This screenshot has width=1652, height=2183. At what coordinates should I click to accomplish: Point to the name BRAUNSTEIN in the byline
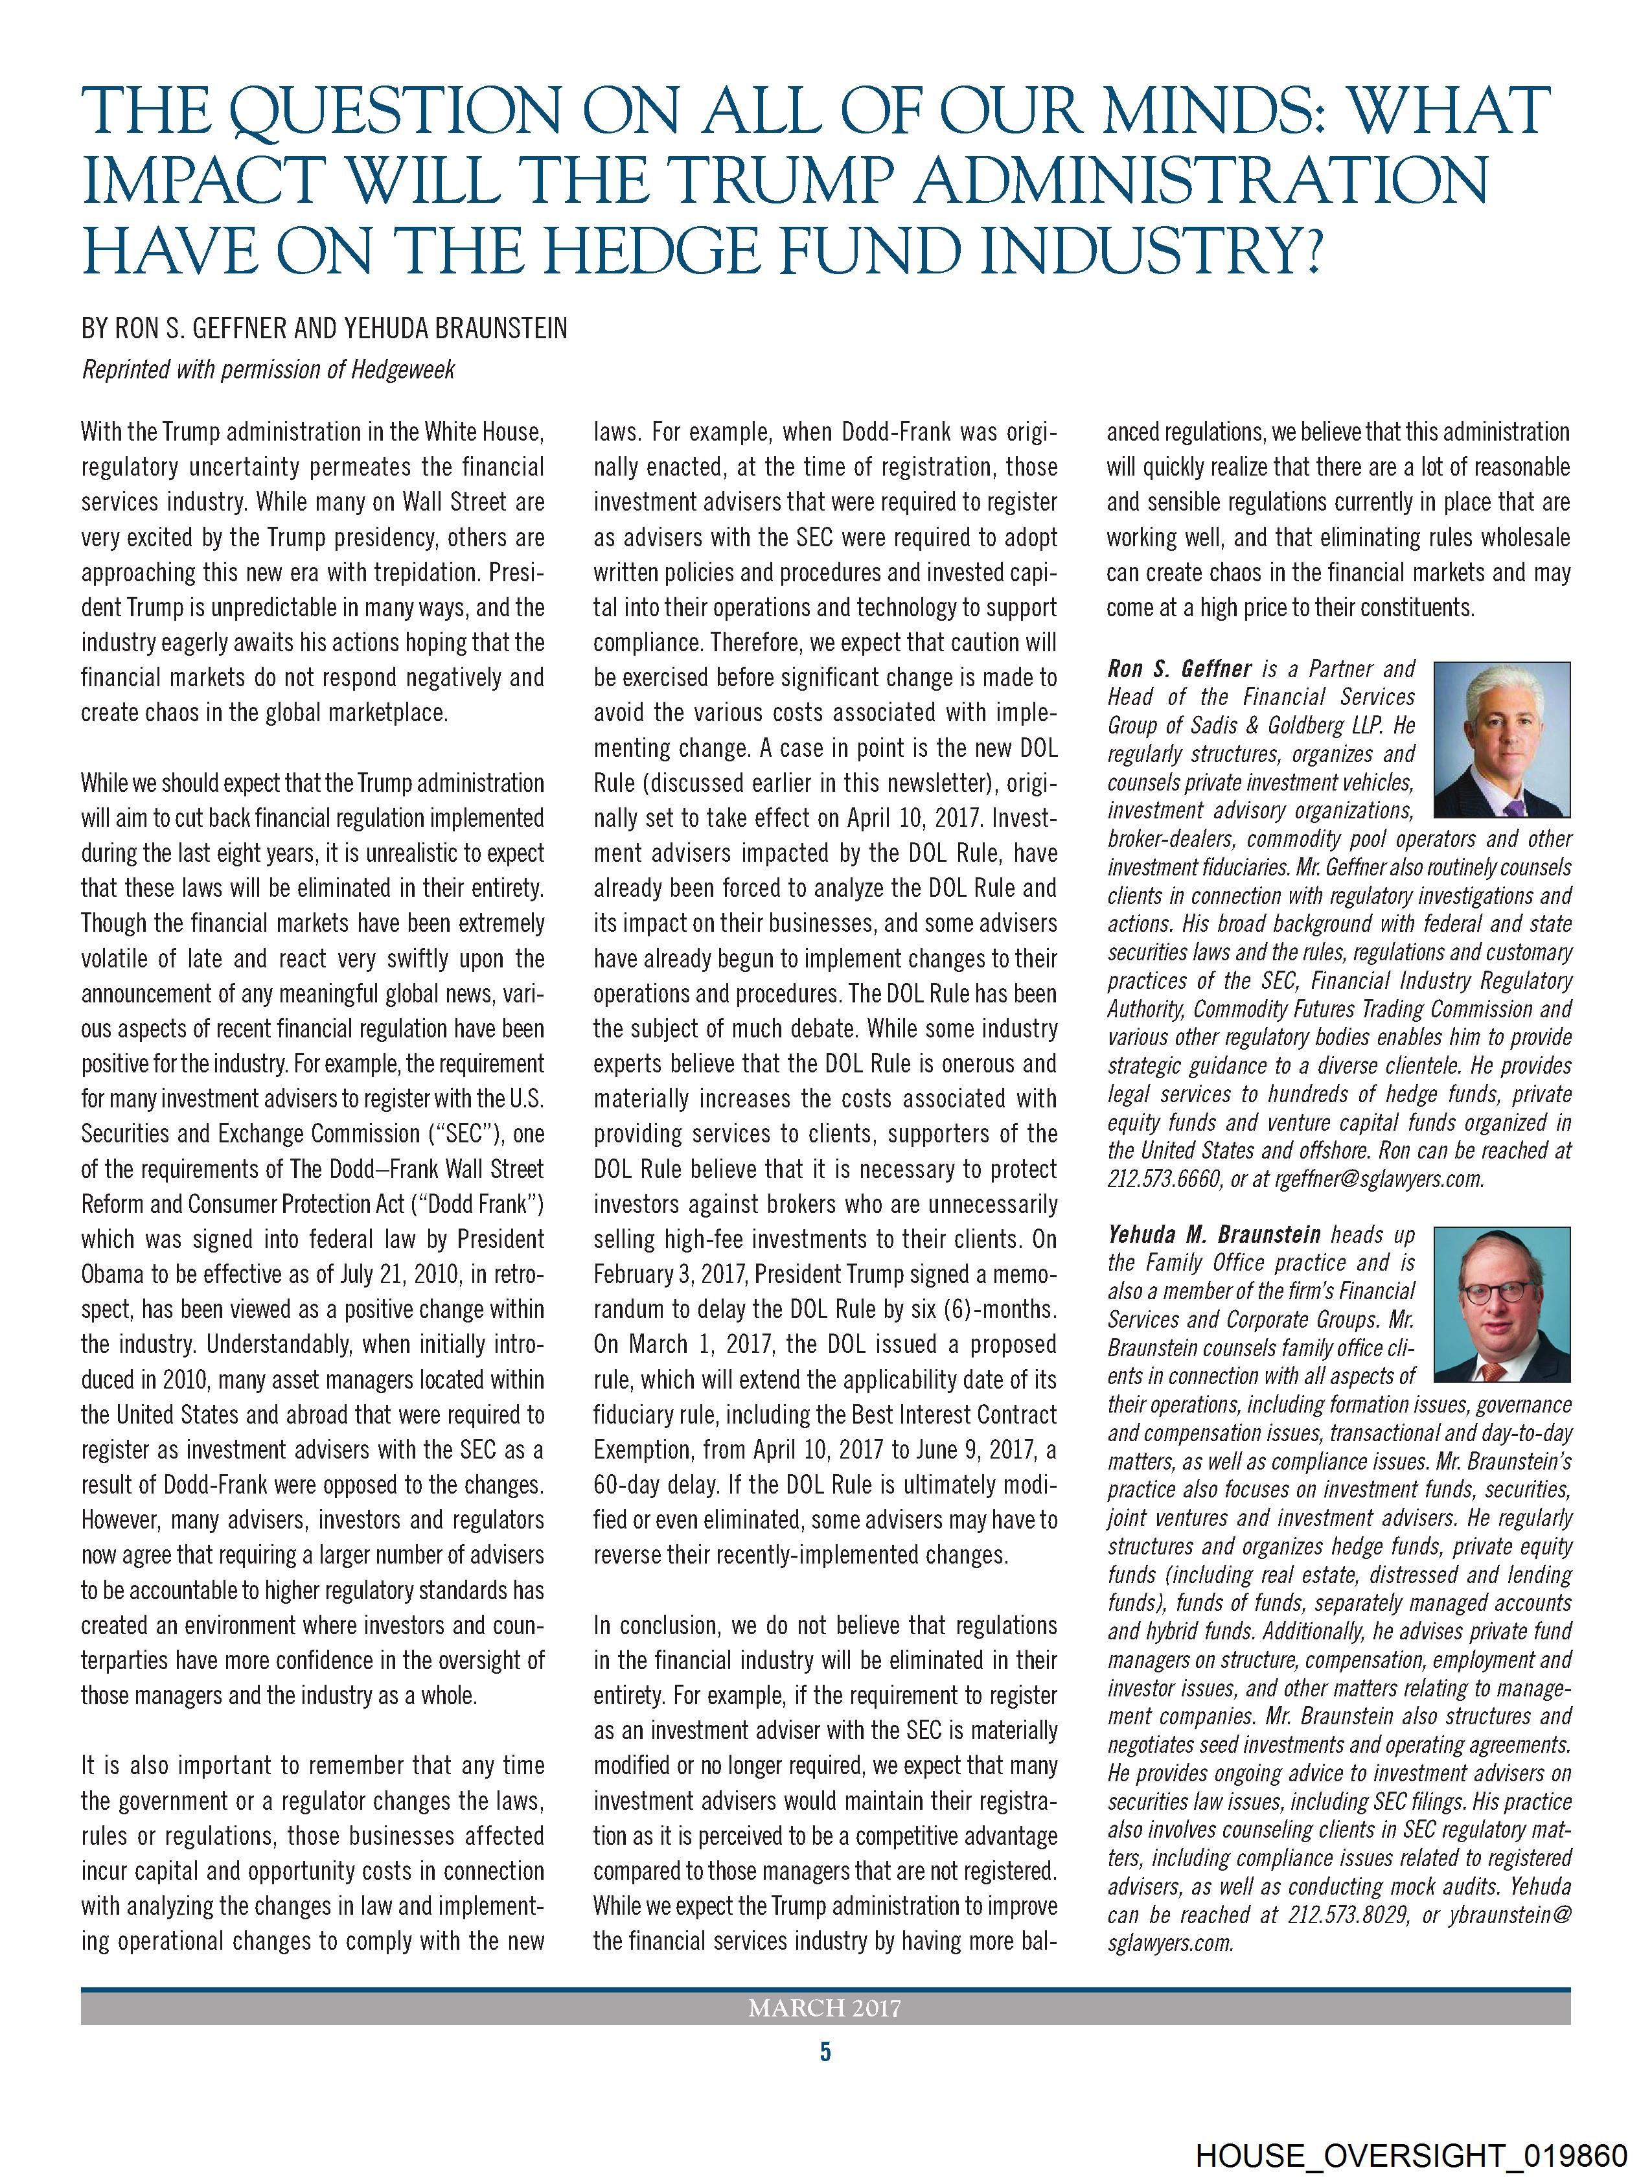(488, 328)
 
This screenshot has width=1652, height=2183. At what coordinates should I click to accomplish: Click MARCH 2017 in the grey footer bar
(825, 2008)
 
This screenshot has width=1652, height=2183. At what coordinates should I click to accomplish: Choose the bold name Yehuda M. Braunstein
(1214, 1234)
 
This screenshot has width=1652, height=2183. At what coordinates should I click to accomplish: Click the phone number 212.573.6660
(1164, 1179)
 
